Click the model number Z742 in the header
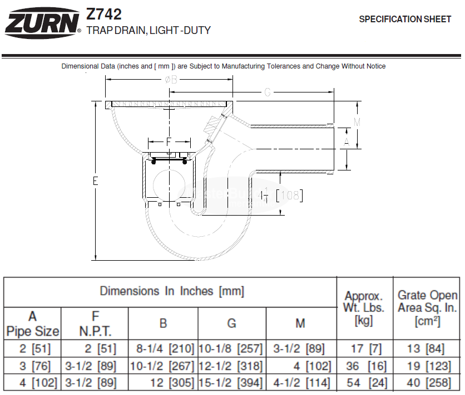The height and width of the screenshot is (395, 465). tap(104, 13)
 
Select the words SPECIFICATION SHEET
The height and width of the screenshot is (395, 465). tap(405, 19)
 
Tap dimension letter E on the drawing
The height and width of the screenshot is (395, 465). tap(96, 181)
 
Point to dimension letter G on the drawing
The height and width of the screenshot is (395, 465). tap(267, 92)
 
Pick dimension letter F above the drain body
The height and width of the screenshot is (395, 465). tap(169, 142)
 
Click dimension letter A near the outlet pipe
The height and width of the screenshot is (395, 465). tap(347, 143)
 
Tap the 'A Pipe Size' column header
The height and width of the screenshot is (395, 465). tap(32, 324)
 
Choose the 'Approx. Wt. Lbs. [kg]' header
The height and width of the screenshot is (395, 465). tap(364, 308)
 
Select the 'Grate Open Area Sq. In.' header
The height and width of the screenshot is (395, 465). tap(427, 308)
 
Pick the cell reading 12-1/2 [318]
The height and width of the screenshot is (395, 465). tap(231, 367)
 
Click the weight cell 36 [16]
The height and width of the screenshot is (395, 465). tap(365, 367)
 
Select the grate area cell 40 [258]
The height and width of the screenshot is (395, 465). tap(427, 383)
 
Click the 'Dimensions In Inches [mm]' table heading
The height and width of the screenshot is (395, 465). tap(171, 291)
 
